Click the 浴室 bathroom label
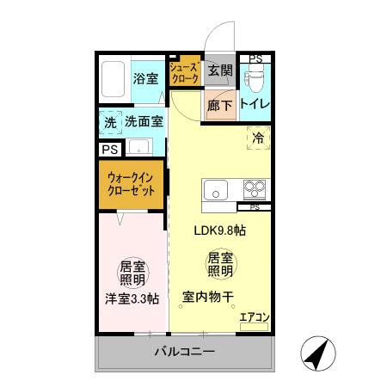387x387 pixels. click(x=145, y=79)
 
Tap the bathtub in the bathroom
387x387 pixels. click(x=113, y=79)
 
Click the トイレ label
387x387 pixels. click(x=255, y=105)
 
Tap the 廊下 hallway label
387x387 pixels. click(x=220, y=106)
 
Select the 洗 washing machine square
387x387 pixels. click(x=109, y=122)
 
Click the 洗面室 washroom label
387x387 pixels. click(x=144, y=122)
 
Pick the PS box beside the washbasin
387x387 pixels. click(x=109, y=149)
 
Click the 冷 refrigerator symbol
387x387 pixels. click(x=257, y=136)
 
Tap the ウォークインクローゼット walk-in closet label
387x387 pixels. click(x=132, y=185)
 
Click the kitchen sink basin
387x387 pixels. click(x=213, y=189)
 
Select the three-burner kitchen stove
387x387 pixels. click(x=254, y=189)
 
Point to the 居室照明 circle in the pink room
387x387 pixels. click(x=132, y=272)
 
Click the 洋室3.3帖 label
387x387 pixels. click(x=132, y=298)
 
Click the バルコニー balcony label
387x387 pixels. click(x=184, y=352)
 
